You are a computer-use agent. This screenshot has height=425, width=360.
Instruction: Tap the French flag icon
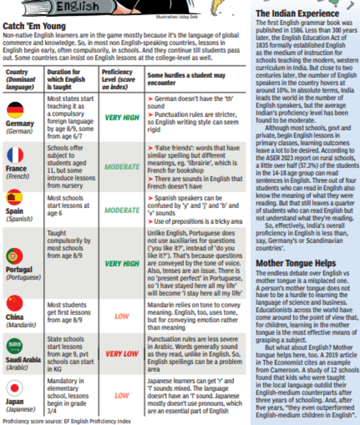(x=15, y=155)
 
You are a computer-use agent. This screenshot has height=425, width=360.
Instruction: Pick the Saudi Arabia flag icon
(x=15, y=346)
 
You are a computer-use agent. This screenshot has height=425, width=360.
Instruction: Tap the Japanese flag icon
(x=15, y=387)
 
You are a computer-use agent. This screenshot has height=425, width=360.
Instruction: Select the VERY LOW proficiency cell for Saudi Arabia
(x=121, y=354)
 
